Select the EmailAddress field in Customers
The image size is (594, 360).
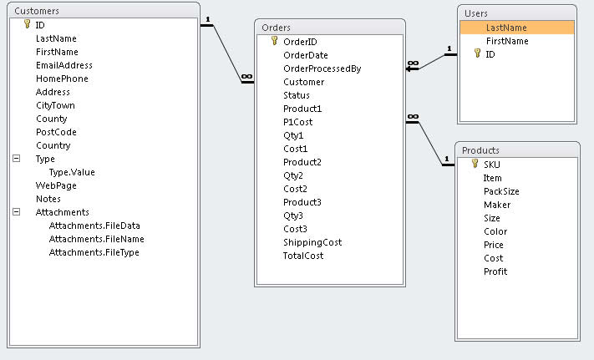click(63, 65)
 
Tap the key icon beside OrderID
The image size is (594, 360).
click(274, 41)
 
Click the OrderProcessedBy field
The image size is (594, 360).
click(322, 68)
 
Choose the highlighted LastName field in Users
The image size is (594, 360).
click(506, 28)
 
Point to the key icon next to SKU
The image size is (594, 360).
click(474, 164)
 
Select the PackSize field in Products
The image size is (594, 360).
click(501, 191)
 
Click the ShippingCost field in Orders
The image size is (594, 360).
click(312, 242)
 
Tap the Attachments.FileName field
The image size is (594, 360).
click(96, 239)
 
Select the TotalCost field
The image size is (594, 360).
click(303, 256)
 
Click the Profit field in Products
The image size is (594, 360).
click(495, 271)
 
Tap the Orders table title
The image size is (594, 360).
click(277, 28)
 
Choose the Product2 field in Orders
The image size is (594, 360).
click(302, 162)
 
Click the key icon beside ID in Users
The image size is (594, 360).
click(477, 54)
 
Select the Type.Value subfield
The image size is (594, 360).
click(72, 172)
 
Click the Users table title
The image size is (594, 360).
click(476, 13)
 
